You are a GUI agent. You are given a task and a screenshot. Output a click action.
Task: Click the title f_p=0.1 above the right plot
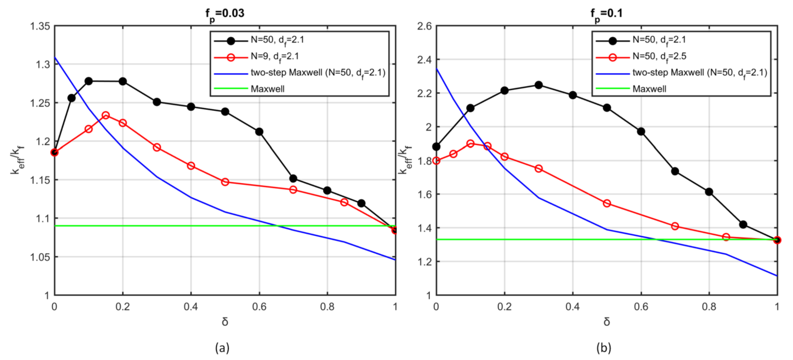[606, 14]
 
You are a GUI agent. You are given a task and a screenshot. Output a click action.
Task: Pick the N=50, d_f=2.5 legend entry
[659, 57]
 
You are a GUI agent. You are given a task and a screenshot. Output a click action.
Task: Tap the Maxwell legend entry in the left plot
[267, 89]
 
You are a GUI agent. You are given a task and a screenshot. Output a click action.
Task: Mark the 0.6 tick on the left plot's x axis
[259, 306]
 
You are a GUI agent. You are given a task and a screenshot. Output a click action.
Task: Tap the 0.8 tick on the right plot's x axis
[709, 306]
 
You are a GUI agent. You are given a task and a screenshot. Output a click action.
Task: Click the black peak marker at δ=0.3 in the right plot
[538, 85]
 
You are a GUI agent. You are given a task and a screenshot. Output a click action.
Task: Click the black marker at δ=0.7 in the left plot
[293, 178]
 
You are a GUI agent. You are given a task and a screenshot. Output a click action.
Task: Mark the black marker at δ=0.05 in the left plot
[71, 98]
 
